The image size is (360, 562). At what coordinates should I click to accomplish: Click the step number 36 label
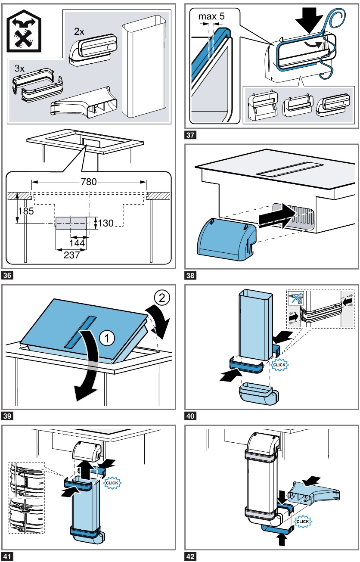7,274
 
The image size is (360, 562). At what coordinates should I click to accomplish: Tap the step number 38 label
190,274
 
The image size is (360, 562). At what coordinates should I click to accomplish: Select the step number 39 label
7,416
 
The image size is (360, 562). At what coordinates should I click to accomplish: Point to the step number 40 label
190,416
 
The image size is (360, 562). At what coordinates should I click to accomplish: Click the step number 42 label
190,556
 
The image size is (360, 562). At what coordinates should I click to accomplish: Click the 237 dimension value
71,255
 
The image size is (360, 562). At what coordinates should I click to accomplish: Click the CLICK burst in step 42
302,522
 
